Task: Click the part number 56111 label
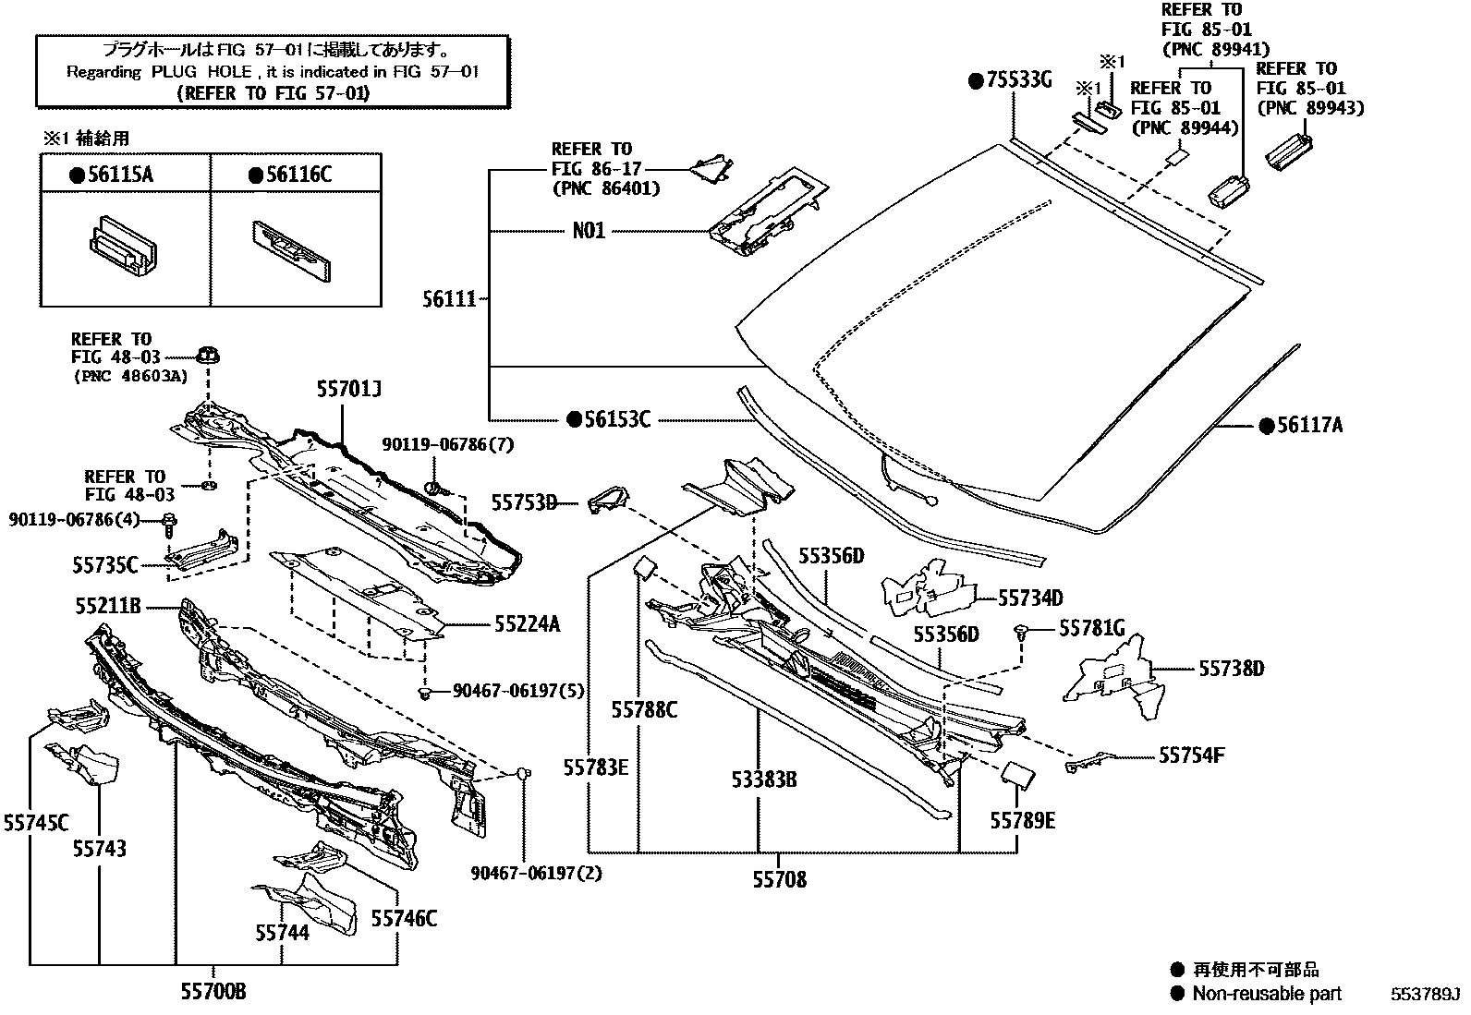tap(449, 298)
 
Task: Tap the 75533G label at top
tap(1018, 80)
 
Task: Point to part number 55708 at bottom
tap(779, 880)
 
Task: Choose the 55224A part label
tap(526, 624)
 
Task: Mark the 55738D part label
tap(1231, 668)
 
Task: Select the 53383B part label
tap(763, 780)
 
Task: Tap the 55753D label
tap(524, 502)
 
